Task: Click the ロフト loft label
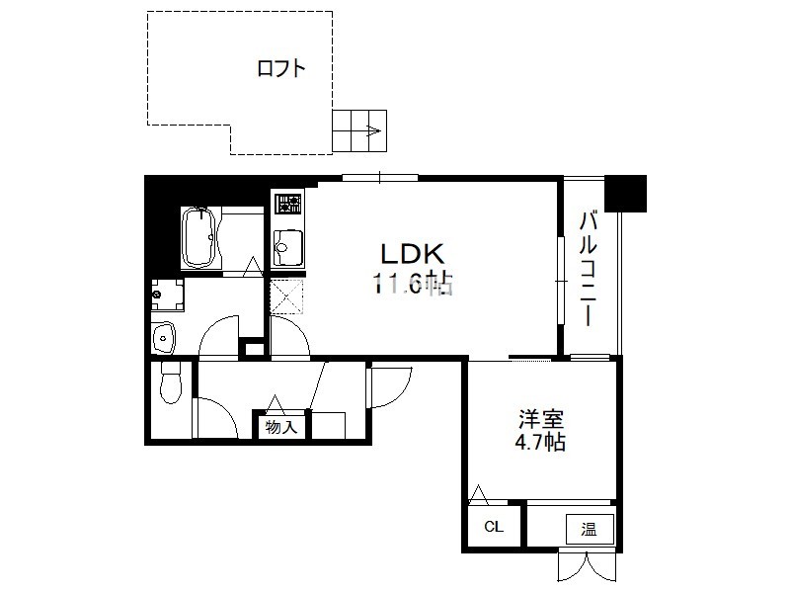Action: [281, 68]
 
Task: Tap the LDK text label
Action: [412, 254]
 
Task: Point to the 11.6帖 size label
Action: [413, 284]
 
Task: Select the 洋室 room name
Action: [541, 419]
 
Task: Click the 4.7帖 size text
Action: [540, 442]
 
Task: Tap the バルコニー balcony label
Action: [589, 269]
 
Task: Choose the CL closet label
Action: [494, 527]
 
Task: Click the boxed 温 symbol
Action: [590, 530]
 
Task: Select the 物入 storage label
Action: [281, 427]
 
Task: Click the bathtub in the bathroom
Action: [200, 237]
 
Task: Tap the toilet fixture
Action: [170, 383]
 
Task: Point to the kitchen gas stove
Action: [287, 204]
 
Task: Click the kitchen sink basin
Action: [287, 247]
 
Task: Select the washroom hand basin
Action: [163, 337]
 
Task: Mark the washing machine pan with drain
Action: [168, 295]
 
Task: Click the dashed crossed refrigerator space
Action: [286, 296]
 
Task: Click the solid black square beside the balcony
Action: [625, 193]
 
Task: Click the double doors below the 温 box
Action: [587, 566]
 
